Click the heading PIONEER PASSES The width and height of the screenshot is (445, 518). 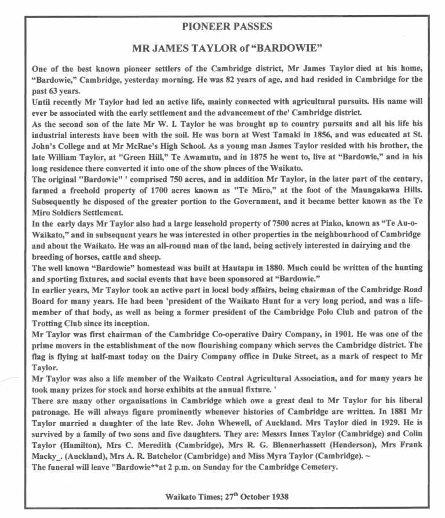(222, 27)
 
